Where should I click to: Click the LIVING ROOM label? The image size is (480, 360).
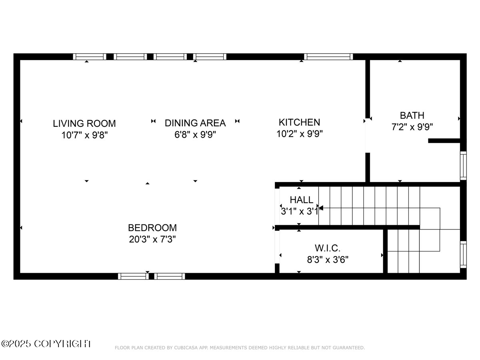84,123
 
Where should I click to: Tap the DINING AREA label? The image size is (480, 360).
195,123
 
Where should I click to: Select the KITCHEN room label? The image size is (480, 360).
299,122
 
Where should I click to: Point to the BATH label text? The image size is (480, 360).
412,116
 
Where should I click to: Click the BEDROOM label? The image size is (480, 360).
152,228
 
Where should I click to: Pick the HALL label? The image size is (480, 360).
301,200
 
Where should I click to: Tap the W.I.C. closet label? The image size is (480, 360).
328,248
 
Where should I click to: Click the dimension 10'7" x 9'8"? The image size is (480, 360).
84,135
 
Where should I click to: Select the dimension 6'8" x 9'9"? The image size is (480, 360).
195,134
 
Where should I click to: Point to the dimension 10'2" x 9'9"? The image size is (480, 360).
299,134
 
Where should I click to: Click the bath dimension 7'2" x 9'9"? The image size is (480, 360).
412,127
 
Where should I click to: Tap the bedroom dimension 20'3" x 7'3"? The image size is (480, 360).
152,239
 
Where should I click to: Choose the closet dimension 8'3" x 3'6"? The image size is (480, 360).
328,260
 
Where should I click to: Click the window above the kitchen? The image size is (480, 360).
328,56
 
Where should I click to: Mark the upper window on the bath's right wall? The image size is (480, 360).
463,166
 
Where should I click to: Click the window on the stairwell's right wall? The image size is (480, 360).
463,254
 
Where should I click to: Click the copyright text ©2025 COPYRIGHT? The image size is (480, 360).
46,344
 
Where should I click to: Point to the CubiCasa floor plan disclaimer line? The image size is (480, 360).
240,348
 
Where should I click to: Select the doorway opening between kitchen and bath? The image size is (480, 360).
368,136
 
